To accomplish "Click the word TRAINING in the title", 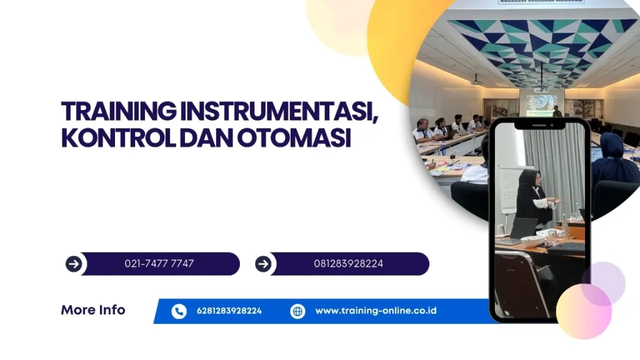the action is (119, 111).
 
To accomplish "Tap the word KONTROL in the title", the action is (118, 138).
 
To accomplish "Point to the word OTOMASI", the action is (294, 138).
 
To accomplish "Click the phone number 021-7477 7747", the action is (159, 264).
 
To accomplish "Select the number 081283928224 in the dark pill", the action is (349, 264).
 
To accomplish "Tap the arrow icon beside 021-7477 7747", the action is (74, 264).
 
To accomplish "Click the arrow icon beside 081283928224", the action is (263, 264).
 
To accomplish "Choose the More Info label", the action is (93, 310).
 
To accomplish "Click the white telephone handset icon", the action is (179, 311).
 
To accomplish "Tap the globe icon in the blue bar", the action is (297, 311).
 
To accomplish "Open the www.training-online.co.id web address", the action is (376, 311).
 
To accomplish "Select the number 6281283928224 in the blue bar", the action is (229, 311).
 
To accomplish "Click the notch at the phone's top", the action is (539, 125).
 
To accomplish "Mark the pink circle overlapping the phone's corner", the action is (584, 311).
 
